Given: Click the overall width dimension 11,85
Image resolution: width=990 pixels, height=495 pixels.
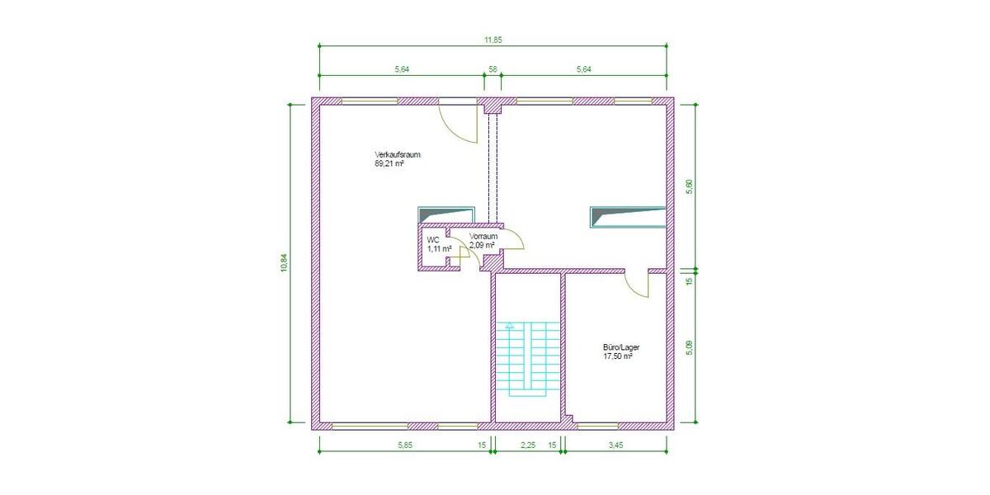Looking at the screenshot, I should [493, 40].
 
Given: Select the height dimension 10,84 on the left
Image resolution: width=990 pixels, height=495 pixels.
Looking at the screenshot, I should [284, 262].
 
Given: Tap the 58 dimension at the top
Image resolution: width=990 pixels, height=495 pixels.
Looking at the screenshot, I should [493, 70].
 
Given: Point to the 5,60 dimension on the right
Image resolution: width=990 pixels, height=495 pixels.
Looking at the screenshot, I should [690, 187].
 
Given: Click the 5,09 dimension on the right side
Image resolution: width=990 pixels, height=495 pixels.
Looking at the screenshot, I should [690, 348].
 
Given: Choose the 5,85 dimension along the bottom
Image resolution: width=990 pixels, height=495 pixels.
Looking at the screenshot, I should [404, 445].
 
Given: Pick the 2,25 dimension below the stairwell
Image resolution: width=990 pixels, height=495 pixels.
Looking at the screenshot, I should [528, 445].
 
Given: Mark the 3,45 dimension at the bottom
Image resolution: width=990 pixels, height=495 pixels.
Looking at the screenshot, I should [615, 445].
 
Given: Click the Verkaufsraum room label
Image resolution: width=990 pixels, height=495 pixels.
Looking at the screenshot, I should [398, 155].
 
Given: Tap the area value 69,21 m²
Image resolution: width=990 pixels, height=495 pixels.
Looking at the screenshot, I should [389, 164].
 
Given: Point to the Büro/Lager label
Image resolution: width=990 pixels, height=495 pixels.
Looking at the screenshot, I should [621, 348].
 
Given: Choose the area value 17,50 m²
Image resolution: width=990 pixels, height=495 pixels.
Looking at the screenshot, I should [618, 357].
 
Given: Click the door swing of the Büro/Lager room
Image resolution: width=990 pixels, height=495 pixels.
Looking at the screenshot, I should [638, 285].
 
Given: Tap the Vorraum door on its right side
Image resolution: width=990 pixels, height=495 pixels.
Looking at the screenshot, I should [513, 239].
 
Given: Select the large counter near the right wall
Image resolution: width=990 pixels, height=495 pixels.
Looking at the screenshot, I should [628, 217].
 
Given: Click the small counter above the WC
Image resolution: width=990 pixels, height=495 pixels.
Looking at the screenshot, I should [447, 214].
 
